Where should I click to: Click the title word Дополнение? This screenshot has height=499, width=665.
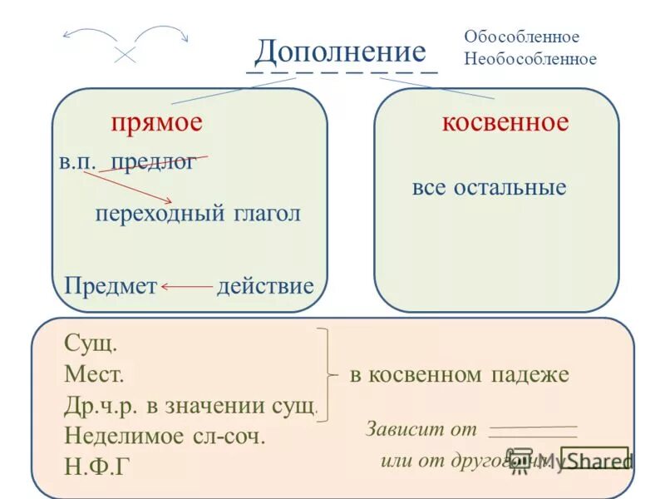click(x=340, y=52)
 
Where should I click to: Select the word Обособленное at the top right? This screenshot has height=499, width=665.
click(x=521, y=37)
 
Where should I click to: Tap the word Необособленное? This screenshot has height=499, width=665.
click(x=530, y=59)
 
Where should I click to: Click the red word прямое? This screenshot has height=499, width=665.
click(x=157, y=122)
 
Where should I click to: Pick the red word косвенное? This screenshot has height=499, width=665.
click(x=505, y=122)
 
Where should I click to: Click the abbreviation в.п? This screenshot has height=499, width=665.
click(x=76, y=162)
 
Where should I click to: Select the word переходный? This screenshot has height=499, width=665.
click(x=155, y=214)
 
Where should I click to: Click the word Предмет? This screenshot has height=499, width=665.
click(x=111, y=287)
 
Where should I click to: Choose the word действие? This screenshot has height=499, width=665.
click(x=265, y=287)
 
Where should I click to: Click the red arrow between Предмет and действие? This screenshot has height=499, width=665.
click(x=187, y=287)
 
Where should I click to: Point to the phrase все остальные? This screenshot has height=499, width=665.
click(x=489, y=187)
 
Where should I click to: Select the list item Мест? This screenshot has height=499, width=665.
click(x=94, y=374)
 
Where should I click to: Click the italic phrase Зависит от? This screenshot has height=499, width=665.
click(x=421, y=430)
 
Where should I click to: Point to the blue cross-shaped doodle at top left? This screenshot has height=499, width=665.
click(x=126, y=54)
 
